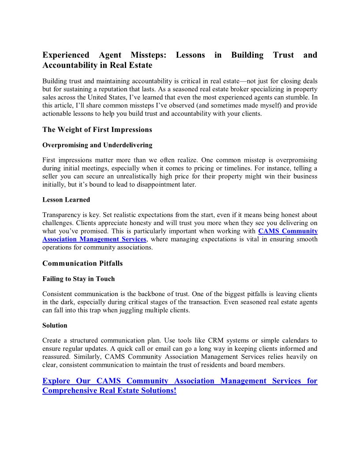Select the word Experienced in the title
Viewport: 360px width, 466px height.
coord(65,55)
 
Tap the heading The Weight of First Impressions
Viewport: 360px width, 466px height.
coord(97,129)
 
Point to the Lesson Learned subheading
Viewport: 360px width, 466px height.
coord(66,199)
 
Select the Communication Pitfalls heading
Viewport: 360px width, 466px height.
coord(82,263)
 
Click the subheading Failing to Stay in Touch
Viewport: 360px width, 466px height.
coord(79,278)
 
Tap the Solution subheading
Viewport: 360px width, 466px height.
coord(55,325)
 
